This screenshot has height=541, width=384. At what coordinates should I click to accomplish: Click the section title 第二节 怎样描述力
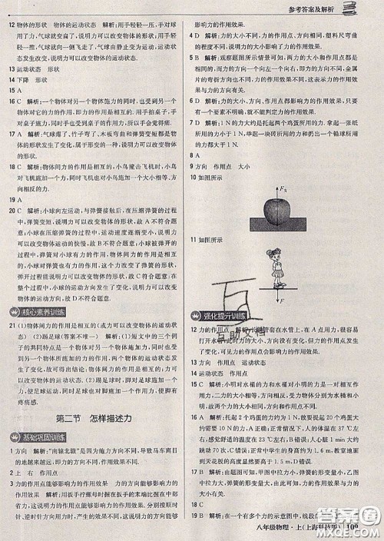coord(95,418)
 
